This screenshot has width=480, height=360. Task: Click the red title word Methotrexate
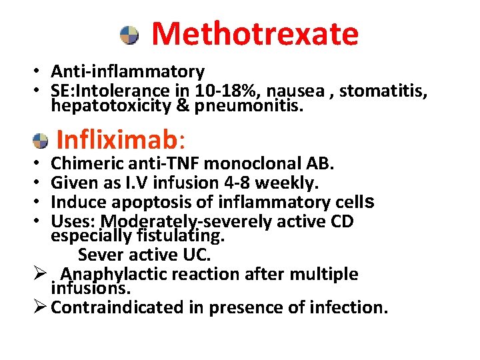tap(255, 34)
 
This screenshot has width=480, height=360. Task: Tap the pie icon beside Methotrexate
tap(129, 35)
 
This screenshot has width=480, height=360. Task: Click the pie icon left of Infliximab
tap(41, 141)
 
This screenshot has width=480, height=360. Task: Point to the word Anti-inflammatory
tap(128, 71)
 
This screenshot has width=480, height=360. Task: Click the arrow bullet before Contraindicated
tap(41, 308)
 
